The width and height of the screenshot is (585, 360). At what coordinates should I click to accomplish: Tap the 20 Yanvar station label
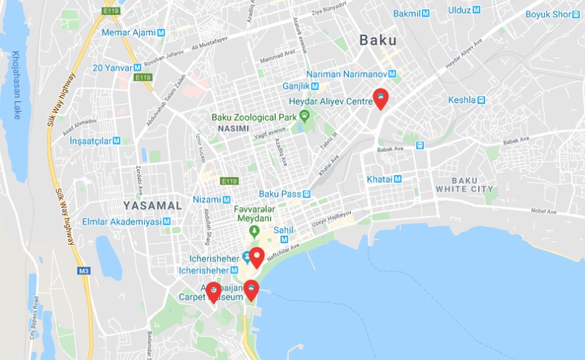(112, 68)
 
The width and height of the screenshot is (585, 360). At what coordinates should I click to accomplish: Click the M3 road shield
(84, 270)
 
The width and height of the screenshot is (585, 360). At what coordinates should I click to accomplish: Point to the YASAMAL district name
(153, 205)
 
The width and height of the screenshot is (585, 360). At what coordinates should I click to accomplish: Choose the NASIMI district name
(233, 129)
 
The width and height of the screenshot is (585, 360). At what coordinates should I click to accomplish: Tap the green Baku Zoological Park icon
(304, 115)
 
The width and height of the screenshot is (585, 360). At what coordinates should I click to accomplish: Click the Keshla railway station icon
(481, 100)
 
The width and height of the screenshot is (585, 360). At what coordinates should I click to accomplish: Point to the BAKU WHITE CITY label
(464, 185)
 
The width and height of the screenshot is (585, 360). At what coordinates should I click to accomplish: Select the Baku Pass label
(279, 193)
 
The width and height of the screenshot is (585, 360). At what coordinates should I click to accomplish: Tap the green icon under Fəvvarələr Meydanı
(255, 231)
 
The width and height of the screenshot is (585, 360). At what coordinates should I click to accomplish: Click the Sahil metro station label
(283, 229)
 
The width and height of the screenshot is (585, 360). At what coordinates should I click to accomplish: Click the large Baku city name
(378, 40)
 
